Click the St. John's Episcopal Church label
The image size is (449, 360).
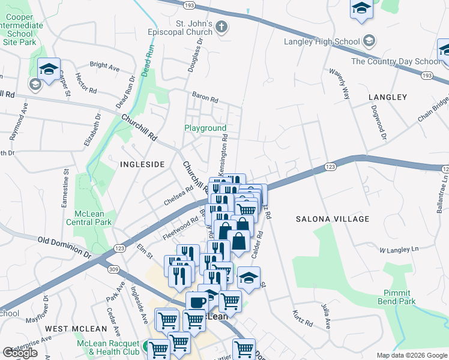coord(185,28)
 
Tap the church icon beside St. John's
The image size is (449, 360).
coord(221,26)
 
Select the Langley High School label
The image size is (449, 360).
coord(322,41)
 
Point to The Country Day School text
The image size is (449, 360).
coord(396,61)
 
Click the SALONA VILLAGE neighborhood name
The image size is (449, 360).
coord(333,219)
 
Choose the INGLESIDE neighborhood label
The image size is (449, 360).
coord(142,164)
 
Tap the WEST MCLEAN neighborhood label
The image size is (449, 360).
coord(76,329)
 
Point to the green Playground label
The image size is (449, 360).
coord(205,128)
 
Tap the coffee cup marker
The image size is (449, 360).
coord(197,302)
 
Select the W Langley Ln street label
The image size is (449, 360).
coord(398,249)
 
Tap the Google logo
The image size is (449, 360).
coord(20,353)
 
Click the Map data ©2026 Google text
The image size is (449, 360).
coord(411,356)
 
